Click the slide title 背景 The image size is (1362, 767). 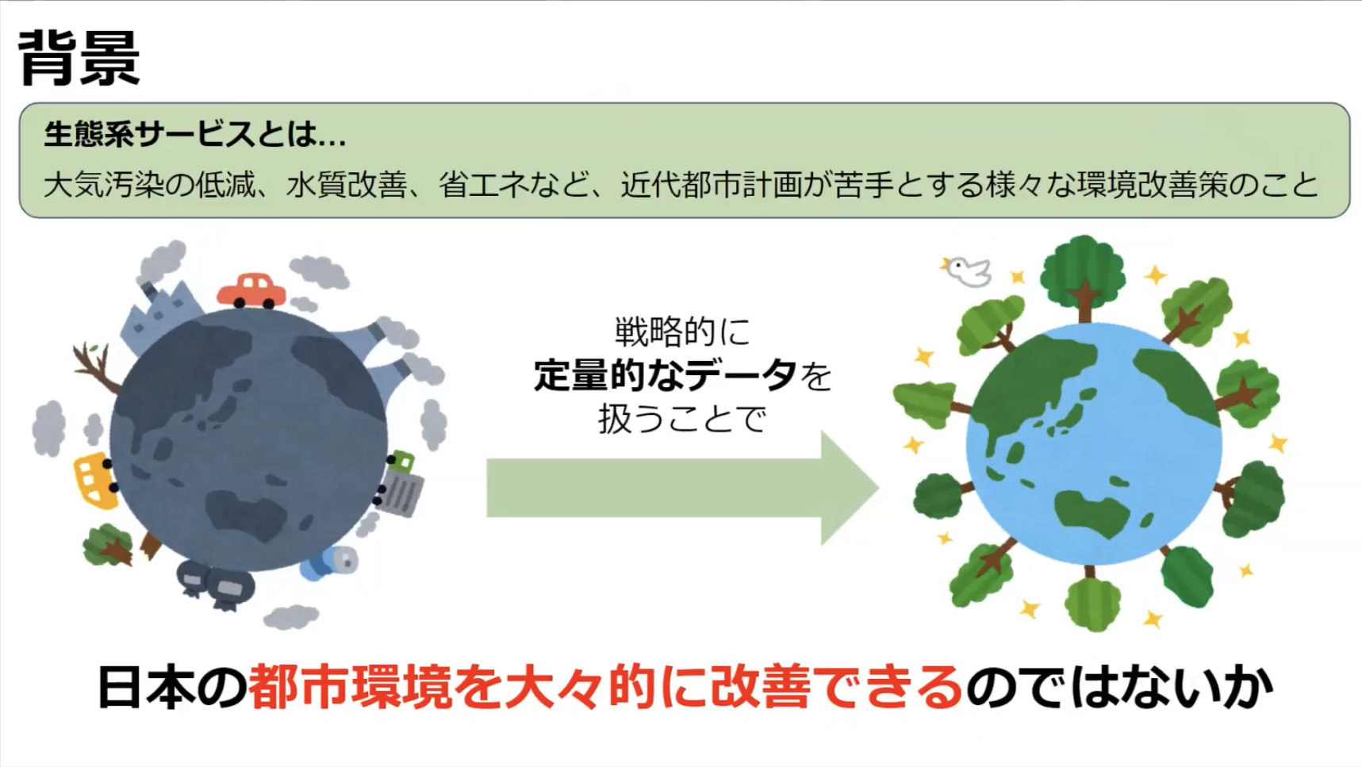[79, 58]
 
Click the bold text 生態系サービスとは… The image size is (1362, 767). [195, 134]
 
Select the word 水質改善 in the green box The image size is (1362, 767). [347, 185]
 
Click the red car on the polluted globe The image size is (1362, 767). [251, 290]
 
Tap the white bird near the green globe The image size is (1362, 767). [967, 270]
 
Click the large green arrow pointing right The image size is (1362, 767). [682, 488]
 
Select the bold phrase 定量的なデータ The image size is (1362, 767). [665, 374]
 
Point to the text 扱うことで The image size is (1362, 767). [682, 418]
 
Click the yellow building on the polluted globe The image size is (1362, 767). [95, 479]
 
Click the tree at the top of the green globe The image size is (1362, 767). [1083, 274]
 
